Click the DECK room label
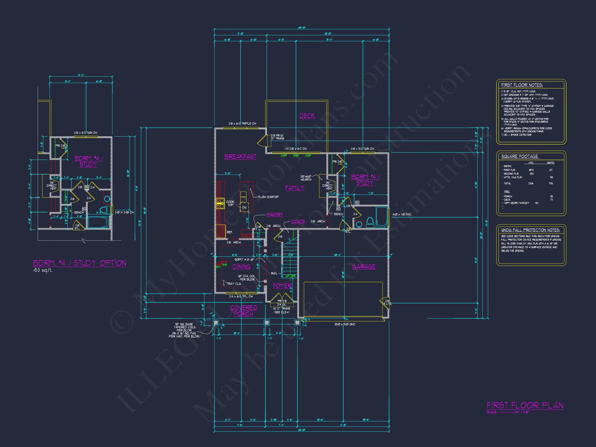[x=307, y=116]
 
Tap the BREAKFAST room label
[x=240, y=157]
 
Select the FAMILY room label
[x=295, y=188]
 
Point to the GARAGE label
[x=363, y=266]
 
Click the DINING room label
[x=241, y=266]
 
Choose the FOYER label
[x=282, y=286]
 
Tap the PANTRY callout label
[x=274, y=214]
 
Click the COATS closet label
[x=298, y=221]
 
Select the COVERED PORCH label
[x=244, y=311]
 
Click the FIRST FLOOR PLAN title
[x=525, y=413]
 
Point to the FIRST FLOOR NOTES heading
[x=522, y=85]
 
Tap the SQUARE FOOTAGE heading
[x=519, y=156]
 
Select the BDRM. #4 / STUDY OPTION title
[x=79, y=263]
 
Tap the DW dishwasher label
[x=244, y=207]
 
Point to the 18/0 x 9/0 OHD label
[x=345, y=324]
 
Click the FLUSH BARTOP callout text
[x=268, y=197]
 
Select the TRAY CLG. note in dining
[x=234, y=284]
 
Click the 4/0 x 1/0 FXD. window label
[x=402, y=214]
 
